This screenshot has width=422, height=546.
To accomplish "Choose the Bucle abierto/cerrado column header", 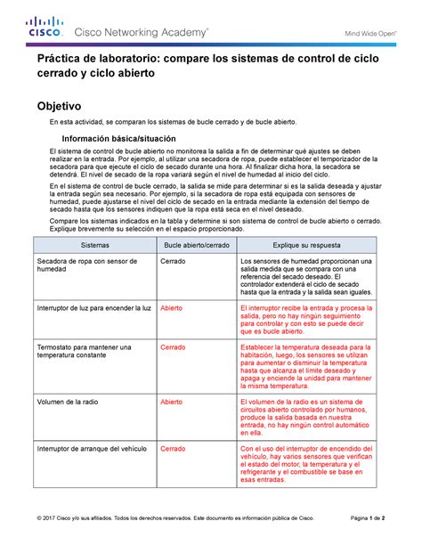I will tap(196, 243).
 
